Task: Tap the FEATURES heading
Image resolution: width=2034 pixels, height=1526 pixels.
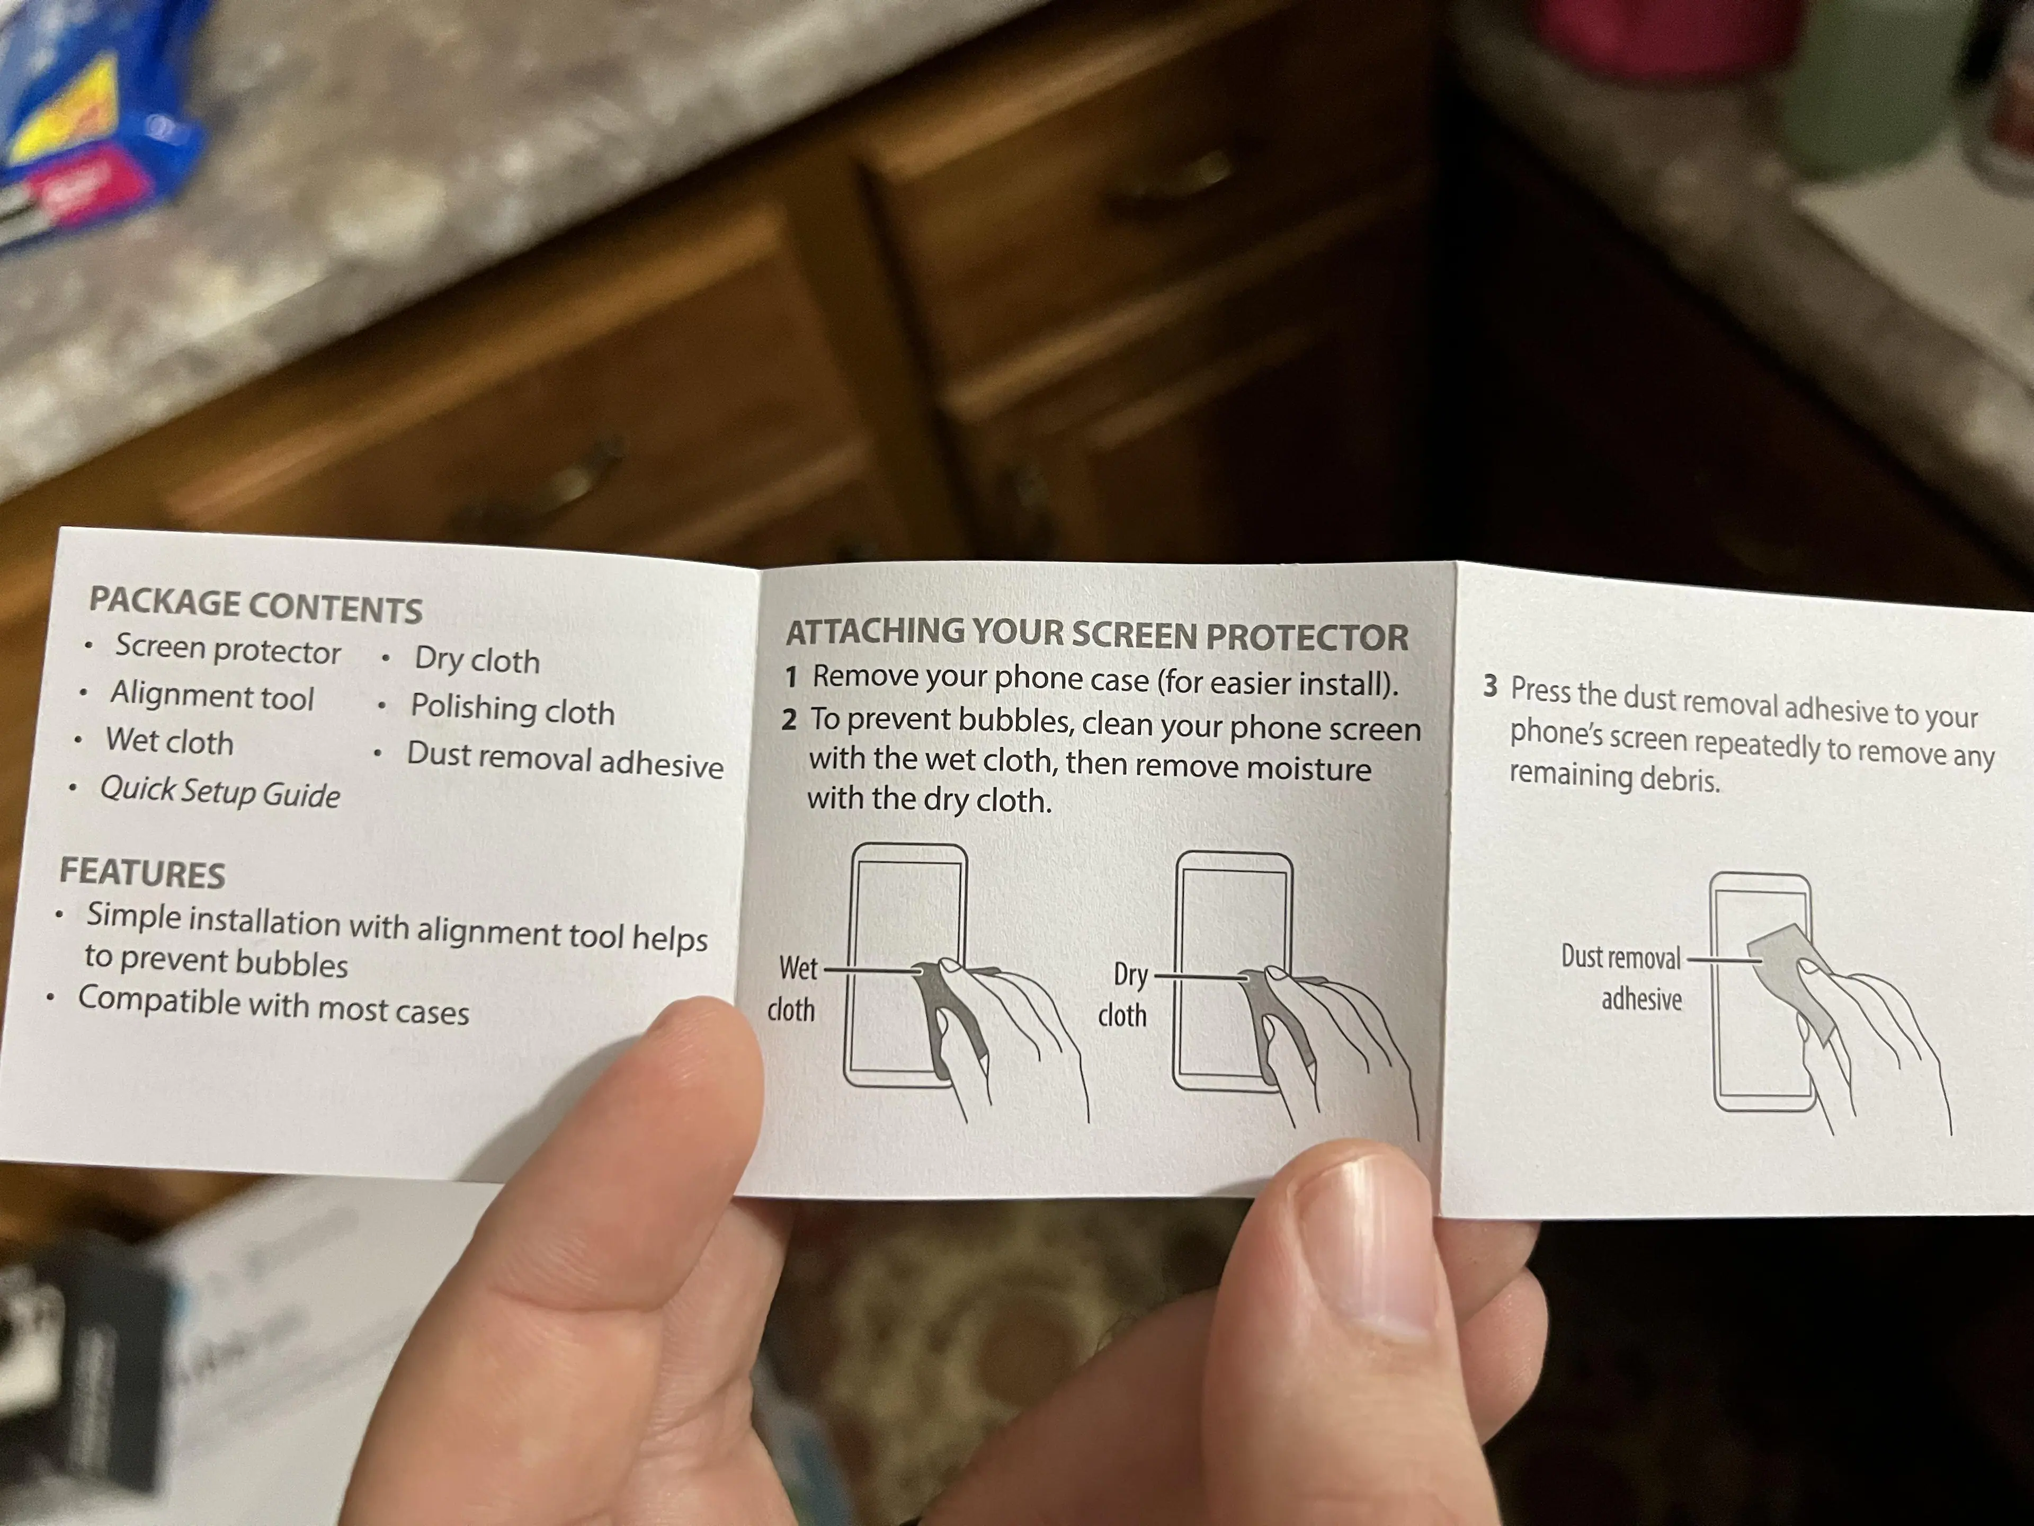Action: point(142,873)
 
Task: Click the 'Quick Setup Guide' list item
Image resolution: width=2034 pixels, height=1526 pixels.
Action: point(220,792)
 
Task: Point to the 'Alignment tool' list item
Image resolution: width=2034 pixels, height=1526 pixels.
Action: point(212,696)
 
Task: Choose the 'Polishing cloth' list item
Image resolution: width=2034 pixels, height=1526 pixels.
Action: point(512,709)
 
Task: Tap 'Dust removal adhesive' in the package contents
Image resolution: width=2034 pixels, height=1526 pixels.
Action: point(565,760)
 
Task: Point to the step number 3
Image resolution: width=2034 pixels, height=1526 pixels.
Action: point(1491,686)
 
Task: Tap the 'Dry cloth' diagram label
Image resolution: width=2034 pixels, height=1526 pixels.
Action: point(1123,995)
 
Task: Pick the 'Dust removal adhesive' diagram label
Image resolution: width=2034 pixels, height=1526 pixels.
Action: point(1622,978)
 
